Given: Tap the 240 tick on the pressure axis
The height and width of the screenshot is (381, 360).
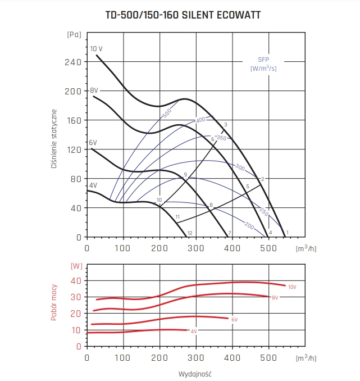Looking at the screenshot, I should click(74, 62).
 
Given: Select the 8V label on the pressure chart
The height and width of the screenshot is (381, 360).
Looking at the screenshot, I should click(94, 90).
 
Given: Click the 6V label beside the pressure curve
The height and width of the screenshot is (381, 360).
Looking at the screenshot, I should click(93, 143).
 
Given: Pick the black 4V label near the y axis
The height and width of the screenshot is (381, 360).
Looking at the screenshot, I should click(93, 185).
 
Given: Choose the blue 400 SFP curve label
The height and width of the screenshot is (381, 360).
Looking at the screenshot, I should click(200, 120).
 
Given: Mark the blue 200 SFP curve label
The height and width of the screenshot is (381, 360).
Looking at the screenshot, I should click(249, 225).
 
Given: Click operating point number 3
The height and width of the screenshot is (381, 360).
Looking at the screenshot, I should click(225, 124).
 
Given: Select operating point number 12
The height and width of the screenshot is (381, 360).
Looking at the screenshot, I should click(190, 233).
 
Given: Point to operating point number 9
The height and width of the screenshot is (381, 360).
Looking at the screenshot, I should click(185, 175).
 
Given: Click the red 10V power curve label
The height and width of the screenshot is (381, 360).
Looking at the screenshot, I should click(291, 287).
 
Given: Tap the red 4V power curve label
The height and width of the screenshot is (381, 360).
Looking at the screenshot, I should click(193, 332).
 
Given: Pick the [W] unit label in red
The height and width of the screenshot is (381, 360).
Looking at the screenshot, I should click(74, 265).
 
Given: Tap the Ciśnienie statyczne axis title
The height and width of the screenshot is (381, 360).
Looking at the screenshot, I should click(54, 135).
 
